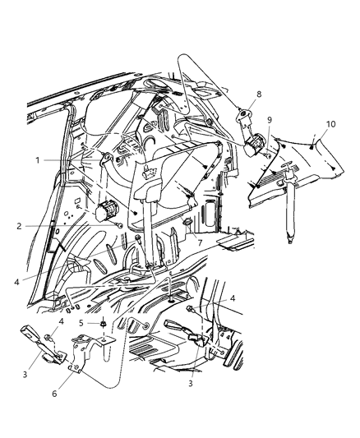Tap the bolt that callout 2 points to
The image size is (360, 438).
tap(120, 224)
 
